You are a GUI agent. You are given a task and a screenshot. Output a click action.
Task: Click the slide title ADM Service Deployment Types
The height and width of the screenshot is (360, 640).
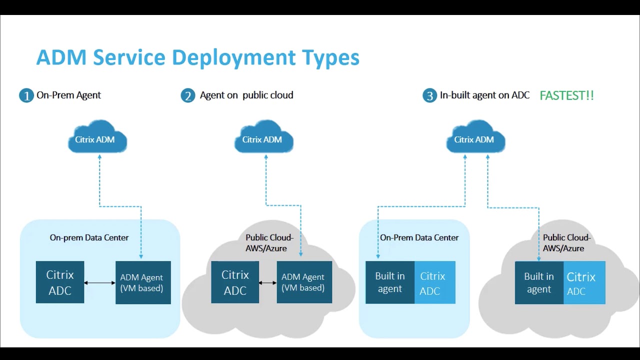tap(197, 57)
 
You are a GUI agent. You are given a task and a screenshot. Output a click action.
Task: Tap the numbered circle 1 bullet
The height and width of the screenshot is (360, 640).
tap(26, 95)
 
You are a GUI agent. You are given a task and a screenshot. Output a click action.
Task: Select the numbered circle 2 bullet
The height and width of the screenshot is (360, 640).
tap(187, 95)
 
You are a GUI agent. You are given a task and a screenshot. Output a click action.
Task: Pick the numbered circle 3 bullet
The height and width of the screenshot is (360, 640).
tap(429, 95)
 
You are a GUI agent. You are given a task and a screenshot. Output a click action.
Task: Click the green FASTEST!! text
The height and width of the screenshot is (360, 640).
tap(566, 95)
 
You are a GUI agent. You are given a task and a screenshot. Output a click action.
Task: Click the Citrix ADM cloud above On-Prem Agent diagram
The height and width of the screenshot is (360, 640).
tap(97, 137)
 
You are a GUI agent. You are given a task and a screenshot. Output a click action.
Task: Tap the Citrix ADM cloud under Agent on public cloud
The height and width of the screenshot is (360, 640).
tap(263, 137)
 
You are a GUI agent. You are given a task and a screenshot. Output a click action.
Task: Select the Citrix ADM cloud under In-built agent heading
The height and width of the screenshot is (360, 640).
tap(475, 137)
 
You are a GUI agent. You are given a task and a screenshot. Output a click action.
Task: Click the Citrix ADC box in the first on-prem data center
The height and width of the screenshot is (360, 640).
tap(60, 282)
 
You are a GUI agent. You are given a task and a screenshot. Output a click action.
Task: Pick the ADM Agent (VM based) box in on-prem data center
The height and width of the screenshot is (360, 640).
tap(143, 282)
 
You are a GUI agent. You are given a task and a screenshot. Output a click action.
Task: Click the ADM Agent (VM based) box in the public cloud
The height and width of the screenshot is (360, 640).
tap(304, 282)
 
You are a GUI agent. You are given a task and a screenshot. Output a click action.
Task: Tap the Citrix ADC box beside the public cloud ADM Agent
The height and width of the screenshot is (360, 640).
tap(235, 282)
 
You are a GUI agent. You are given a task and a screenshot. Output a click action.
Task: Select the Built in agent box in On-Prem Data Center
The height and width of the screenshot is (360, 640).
tap(390, 282)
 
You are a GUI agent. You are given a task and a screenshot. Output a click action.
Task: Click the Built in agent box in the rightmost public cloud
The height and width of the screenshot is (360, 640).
tap(539, 282)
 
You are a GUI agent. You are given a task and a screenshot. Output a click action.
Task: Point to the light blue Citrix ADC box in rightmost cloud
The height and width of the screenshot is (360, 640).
tap(584, 282)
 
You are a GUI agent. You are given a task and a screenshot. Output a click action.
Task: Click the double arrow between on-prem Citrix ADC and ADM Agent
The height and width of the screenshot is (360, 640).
tap(99, 283)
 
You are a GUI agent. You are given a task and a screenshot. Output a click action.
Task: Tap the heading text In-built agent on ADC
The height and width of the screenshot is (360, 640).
tap(484, 95)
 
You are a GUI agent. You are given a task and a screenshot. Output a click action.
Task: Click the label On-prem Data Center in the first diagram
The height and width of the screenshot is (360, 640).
tap(89, 237)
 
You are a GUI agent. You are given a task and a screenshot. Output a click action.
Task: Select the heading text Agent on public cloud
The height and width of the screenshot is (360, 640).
tap(246, 95)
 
